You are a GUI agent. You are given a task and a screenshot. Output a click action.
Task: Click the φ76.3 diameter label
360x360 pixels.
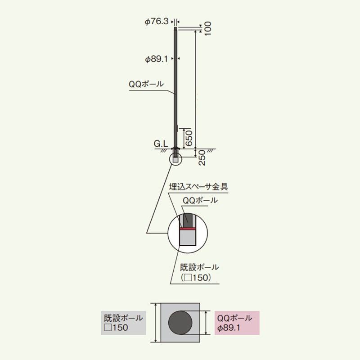coord(157,22)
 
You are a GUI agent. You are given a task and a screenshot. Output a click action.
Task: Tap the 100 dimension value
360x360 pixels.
coord(207,28)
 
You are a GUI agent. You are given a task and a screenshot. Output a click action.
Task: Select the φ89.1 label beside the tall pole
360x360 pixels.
coord(156,59)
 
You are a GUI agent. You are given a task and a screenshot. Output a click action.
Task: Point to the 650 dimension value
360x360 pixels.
coord(189,138)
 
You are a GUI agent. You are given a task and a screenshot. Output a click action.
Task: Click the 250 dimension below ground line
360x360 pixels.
coord(202,158)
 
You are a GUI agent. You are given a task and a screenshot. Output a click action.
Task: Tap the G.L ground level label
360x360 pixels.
coord(161,144)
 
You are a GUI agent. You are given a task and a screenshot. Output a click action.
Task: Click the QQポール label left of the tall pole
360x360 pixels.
coord(146,84)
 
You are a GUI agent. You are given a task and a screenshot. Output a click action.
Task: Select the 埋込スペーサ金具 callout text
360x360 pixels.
coord(198,187)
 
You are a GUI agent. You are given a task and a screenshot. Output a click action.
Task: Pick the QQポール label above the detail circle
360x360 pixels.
coord(200,200)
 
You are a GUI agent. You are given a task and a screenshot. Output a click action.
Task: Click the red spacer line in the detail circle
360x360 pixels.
coord(188,229)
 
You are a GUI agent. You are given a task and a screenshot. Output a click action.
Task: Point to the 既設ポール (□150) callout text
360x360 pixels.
coord(199,272)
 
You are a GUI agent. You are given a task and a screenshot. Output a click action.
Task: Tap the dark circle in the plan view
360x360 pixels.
coord(180,323)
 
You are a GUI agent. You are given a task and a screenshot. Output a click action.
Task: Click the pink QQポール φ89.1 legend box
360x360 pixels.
coord(237,323)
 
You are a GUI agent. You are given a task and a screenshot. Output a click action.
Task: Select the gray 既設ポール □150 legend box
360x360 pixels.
coord(123,323)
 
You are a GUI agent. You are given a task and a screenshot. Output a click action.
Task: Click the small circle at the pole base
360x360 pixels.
coord(175,159)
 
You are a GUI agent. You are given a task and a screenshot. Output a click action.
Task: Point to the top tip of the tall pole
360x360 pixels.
coord(175,27)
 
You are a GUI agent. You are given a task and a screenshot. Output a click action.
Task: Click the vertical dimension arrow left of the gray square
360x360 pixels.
coord(156,323)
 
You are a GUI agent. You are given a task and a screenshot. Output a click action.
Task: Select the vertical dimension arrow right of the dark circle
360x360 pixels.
coord(207,323)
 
